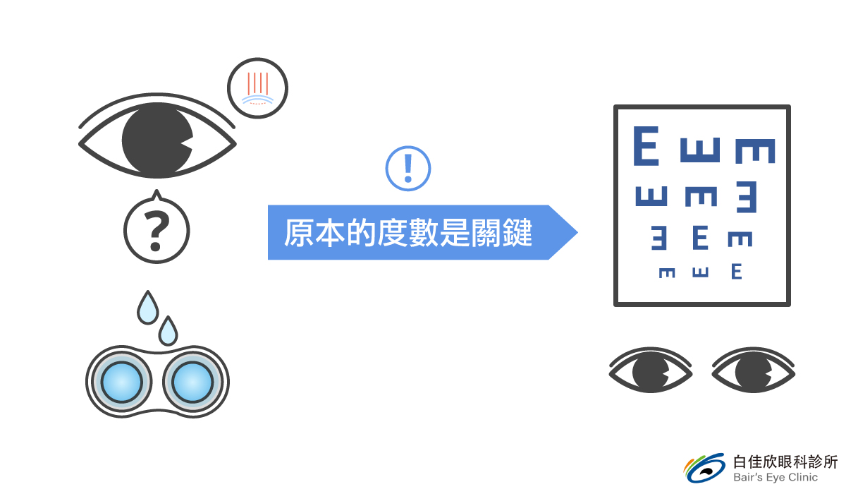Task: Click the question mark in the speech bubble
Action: pyautogui.click(x=157, y=231)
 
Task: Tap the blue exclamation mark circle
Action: pyautogui.click(x=408, y=169)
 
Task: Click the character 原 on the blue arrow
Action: pyautogui.click(x=299, y=233)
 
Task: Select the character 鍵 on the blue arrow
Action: pyautogui.click(x=517, y=233)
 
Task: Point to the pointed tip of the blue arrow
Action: pyautogui.click(x=577, y=232)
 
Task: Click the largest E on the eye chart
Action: pyautogui.click(x=646, y=146)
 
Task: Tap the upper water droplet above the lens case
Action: pyautogui.click(x=147, y=307)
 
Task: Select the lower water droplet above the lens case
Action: pyautogui.click(x=168, y=331)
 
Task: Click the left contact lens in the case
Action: pyautogui.click(x=121, y=382)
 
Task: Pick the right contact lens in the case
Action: pyautogui.click(x=192, y=382)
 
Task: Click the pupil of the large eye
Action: pyautogui.click(x=157, y=140)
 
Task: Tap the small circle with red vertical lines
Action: pyautogui.click(x=257, y=88)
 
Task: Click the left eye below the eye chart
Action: pyautogui.click(x=651, y=370)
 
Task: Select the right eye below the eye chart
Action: pyautogui.click(x=754, y=370)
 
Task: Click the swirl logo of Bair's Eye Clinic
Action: pyautogui.click(x=704, y=468)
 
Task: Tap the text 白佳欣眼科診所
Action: pyautogui.click(x=785, y=462)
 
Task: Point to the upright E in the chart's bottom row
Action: pyautogui.click(x=737, y=272)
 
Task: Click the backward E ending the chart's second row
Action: pyautogui.click(x=747, y=197)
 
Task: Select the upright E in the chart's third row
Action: pyautogui.click(x=700, y=237)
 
